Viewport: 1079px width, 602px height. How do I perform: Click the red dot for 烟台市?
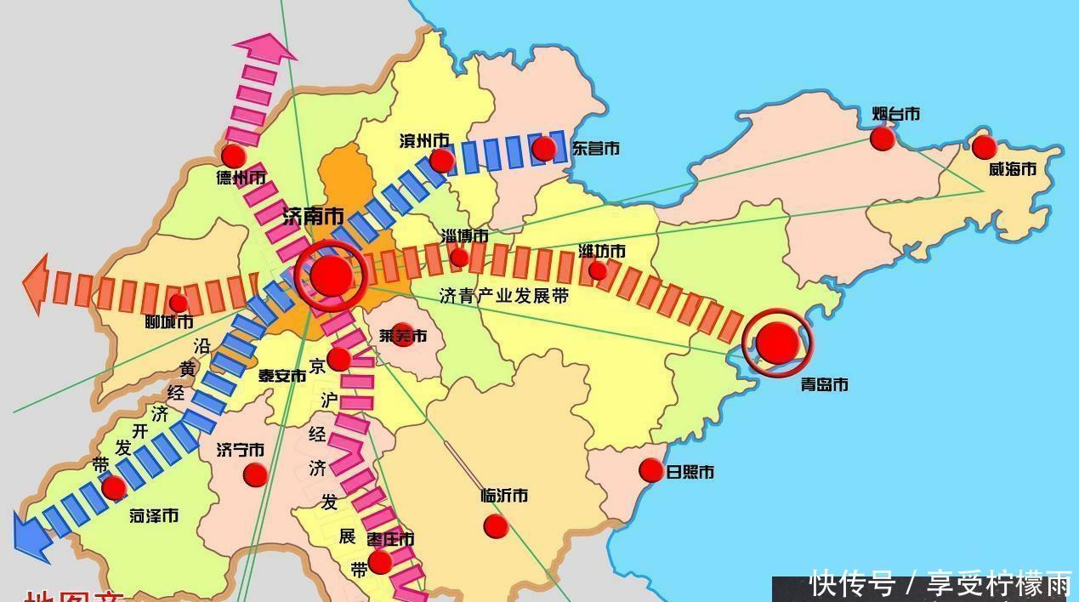tap(883, 139)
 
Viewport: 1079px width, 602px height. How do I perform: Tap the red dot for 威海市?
tap(984, 147)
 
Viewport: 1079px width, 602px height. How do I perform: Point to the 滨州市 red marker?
tap(441, 161)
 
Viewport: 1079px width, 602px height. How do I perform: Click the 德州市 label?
tap(241, 178)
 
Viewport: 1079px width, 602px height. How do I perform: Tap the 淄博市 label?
tap(464, 236)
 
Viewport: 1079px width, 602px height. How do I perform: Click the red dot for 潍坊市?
tap(598, 270)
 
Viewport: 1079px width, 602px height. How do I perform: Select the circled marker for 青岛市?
tap(777, 342)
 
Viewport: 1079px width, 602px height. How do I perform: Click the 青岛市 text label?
tap(824, 385)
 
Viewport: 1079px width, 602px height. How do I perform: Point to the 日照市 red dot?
tap(650, 470)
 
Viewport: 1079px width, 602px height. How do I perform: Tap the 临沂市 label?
tap(504, 495)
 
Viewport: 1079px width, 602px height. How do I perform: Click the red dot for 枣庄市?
tap(380, 562)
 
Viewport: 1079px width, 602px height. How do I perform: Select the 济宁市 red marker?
tap(255, 474)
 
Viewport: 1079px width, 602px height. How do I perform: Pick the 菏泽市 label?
tap(154, 516)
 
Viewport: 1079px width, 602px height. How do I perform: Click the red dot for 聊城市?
tap(179, 303)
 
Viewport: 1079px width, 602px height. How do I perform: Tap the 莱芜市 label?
tap(403, 336)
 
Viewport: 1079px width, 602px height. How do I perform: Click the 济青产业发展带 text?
tap(503, 296)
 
